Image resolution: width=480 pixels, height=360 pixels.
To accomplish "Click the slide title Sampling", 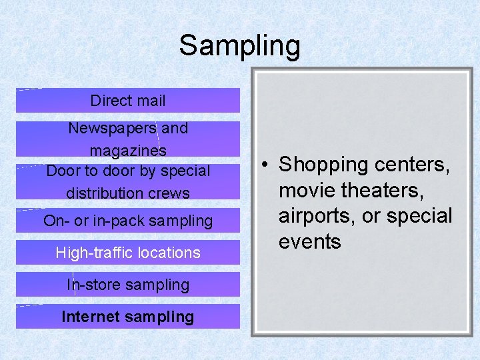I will click(x=239, y=46).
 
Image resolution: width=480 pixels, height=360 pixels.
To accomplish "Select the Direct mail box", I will click(x=127, y=101).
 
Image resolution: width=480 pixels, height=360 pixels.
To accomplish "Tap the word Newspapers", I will click(x=112, y=128).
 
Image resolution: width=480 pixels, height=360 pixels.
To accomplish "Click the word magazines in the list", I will click(x=128, y=149).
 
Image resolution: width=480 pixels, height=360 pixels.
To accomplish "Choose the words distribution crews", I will click(x=128, y=193).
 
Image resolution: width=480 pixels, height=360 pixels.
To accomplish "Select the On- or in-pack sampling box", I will click(x=127, y=221).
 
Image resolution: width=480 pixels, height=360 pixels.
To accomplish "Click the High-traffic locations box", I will click(x=127, y=253).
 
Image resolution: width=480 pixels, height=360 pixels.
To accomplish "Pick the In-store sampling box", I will click(x=127, y=285).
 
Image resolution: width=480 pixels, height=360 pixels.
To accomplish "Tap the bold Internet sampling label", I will click(x=127, y=317).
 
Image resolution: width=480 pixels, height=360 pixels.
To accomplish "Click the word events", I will click(x=309, y=242).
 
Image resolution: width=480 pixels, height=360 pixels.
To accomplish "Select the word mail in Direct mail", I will click(x=150, y=101).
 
